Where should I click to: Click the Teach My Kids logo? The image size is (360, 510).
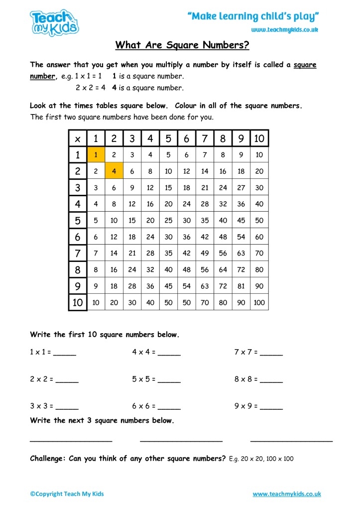(x=54, y=22)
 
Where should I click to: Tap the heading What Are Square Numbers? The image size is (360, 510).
(x=182, y=46)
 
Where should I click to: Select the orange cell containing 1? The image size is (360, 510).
(x=96, y=155)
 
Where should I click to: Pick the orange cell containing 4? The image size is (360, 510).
(x=114, y=171)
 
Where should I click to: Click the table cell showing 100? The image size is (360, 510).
(x=259, y=302)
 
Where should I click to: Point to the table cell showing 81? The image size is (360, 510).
(x=241, y=286)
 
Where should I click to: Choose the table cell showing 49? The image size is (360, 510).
(x=205, y=253)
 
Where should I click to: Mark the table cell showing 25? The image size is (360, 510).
(x=168, y=220)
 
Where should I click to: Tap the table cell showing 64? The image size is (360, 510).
(x=223, y=269)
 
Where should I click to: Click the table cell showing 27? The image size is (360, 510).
(x=241, y=188)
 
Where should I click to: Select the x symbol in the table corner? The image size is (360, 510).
(x=78, y=138)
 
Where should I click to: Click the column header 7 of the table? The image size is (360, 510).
(x=205, y=138)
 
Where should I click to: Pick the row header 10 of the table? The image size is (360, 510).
(x=78, y=302)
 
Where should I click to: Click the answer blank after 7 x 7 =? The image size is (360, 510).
(x=271, y=353)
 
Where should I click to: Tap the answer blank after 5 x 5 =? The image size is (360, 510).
(x=169, y=380)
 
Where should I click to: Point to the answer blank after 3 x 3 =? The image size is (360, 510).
(x=67, y=406)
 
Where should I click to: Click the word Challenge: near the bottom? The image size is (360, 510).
(x=48, y=459)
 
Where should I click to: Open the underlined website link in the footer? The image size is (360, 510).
(x=287, y=494)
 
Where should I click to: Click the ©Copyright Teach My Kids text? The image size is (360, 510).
(x=67, y=494)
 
